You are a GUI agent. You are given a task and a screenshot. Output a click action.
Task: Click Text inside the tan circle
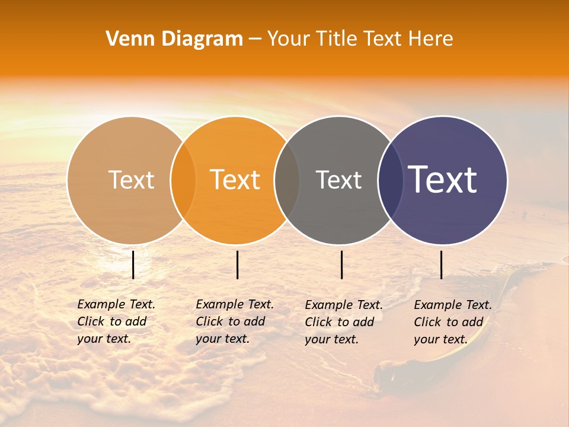click(131, 180)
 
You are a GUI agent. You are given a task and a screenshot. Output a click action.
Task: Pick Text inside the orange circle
click(235, 180)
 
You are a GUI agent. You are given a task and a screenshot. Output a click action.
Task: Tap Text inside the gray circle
click(338, 180)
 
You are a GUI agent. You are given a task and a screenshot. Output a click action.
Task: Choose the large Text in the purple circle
click(443, 180)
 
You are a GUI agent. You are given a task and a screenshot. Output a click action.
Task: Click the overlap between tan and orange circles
click(183, 180)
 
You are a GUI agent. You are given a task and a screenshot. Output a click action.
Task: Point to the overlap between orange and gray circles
click(287, 180)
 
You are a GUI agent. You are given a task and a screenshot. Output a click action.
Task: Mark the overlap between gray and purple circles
click(391, 180)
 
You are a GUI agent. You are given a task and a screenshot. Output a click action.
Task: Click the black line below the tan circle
click(133, 265)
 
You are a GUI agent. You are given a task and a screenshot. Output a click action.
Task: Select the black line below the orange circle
click(237, 265)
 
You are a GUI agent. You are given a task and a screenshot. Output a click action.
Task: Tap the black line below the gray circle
click(341, 265)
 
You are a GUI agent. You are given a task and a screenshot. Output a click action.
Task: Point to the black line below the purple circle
click(441, 265)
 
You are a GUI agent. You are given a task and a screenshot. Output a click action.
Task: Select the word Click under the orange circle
click(209, 322)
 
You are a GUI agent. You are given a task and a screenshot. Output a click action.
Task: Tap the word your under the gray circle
click(318, 340)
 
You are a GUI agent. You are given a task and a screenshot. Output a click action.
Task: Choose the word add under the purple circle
click(473, 323)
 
